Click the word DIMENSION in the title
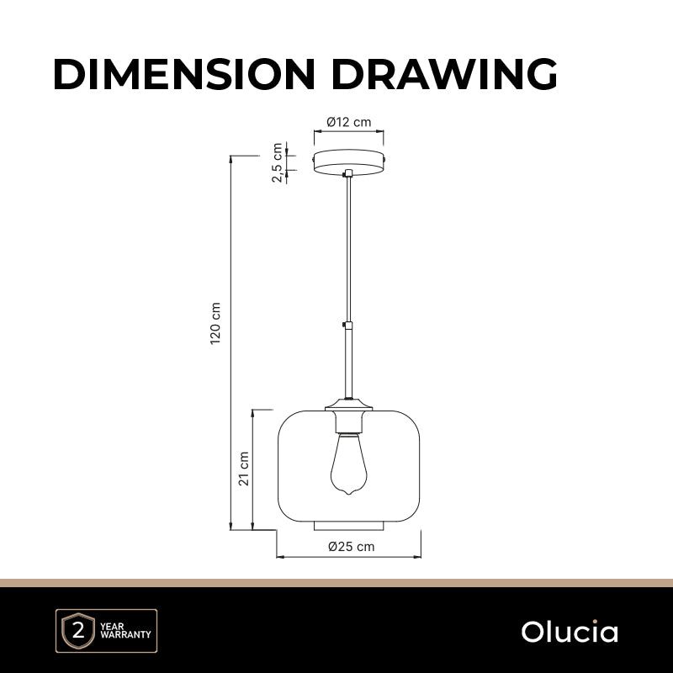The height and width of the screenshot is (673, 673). point(184,74)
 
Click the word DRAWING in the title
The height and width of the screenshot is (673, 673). point(444,74)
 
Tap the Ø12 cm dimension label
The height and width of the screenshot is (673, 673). point(349,122)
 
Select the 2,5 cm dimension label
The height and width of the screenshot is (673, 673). point(278,162)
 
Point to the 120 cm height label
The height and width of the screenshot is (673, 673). point(215,323)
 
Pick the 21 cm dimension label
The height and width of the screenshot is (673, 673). point(244,469)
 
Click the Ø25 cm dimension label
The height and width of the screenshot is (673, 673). point(351,546)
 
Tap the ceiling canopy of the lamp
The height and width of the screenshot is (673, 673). point(348,162)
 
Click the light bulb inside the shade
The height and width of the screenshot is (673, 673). point(348,464)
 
